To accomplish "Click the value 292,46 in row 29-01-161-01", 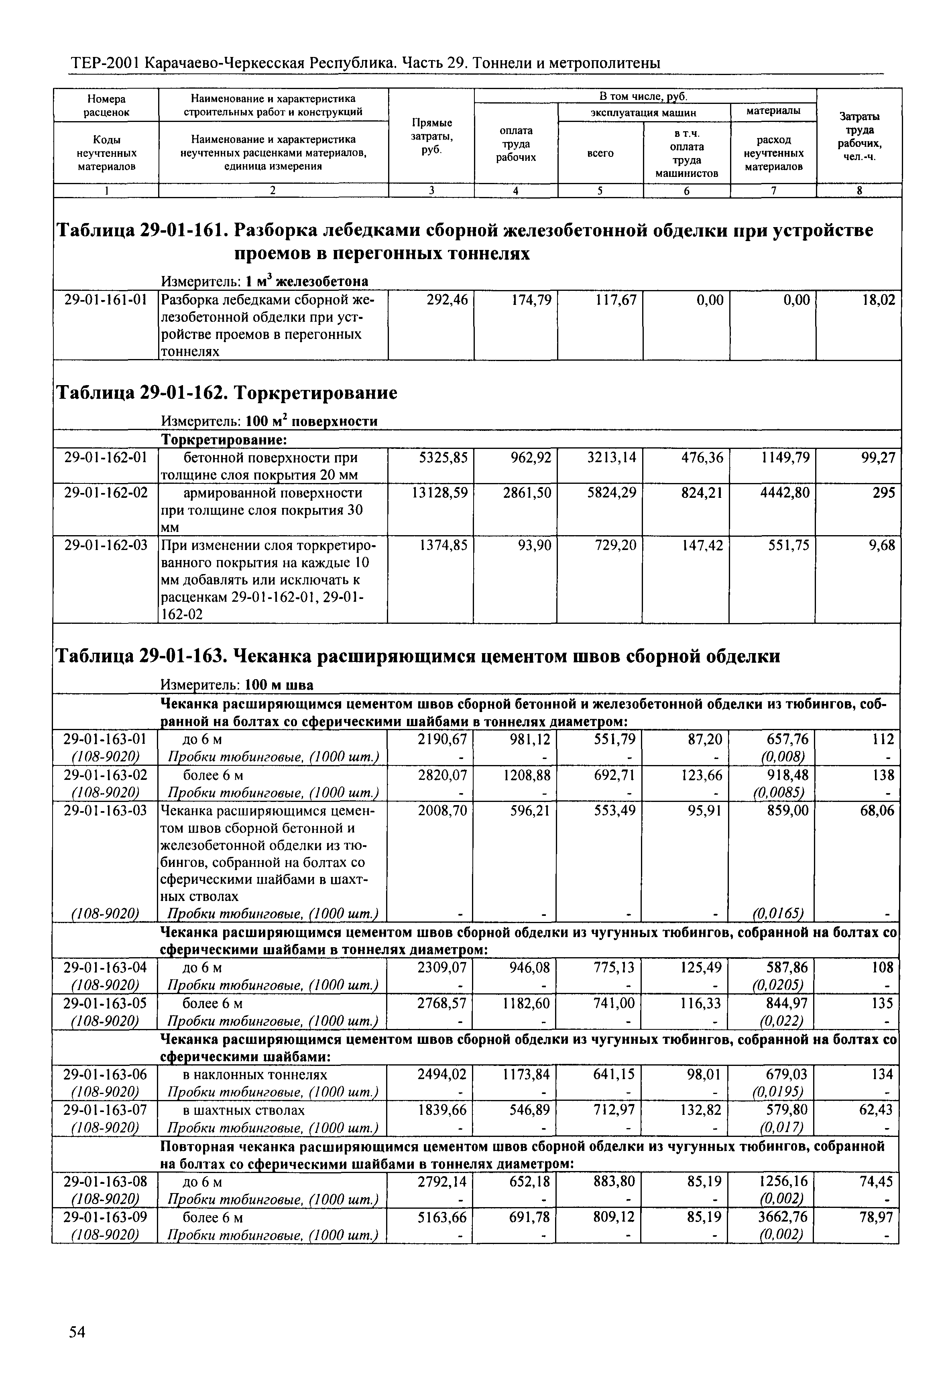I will (447, 300).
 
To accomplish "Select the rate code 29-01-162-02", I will (106, 493).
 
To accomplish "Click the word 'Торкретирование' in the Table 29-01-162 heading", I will (313, 393).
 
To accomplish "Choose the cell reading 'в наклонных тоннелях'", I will (255, 1075).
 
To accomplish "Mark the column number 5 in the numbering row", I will (600, 191).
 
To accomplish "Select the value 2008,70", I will (443, 811).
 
